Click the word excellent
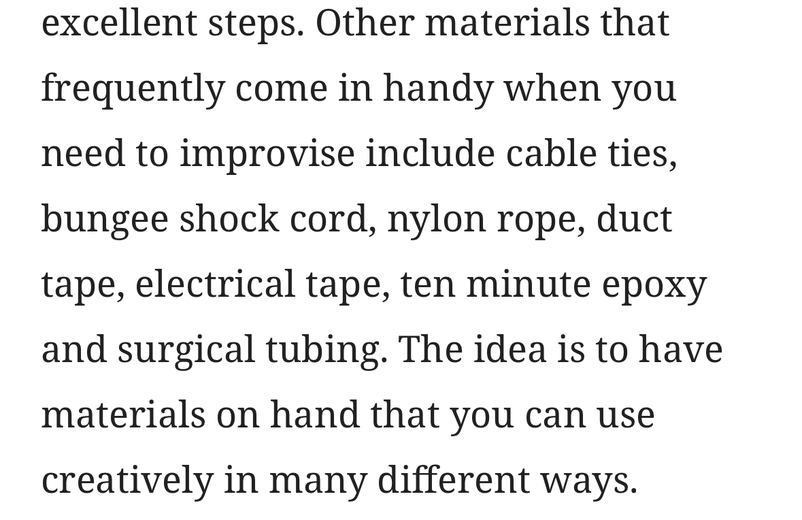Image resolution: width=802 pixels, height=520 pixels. click(x=119, y=24)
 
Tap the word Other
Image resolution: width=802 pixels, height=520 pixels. click(x=365, y=24)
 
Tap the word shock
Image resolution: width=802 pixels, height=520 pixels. click(x=229, y=219)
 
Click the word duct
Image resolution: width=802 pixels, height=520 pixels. click(x=634, y=219)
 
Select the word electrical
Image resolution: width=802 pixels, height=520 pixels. click(x=216, y=284)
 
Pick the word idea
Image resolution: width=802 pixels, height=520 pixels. click(x=509, y=349)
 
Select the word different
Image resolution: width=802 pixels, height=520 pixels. click(x=454, y=479)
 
